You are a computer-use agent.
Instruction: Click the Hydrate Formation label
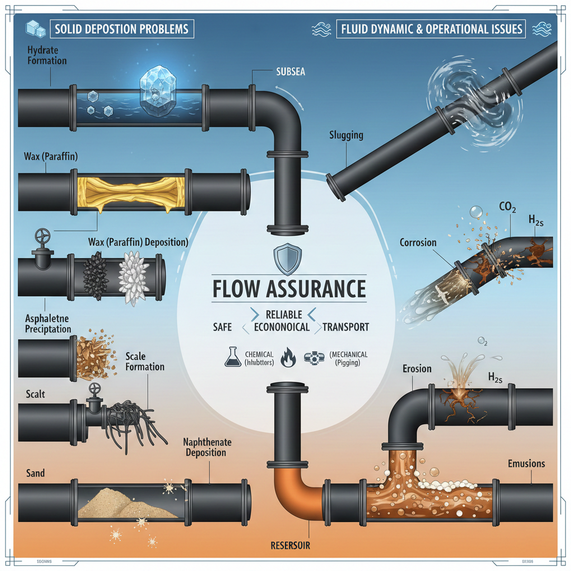(x=46, y=55)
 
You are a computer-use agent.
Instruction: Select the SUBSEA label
(x=291, y=72)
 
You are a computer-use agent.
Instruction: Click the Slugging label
(x=346, y=135)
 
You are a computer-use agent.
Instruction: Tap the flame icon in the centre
(x=288, y=358)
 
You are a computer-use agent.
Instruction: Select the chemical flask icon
(x=232, y=357)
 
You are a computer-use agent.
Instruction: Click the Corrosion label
(x=418, y=243)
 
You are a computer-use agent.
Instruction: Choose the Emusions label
(x=526, y=463)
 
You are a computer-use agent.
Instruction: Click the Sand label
(x=35, y=473)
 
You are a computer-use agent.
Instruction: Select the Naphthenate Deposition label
(x=207, y=447)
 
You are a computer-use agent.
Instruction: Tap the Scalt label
(x=35, y=394)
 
